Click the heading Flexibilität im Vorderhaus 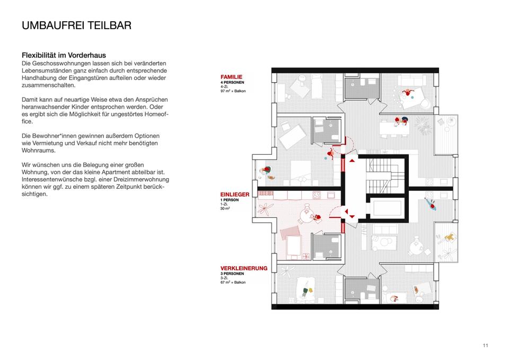64,55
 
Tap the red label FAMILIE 232,77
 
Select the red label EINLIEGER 235,195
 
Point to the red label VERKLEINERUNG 244,268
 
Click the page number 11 486,346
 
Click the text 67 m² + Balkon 234,283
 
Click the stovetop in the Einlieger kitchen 317,196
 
